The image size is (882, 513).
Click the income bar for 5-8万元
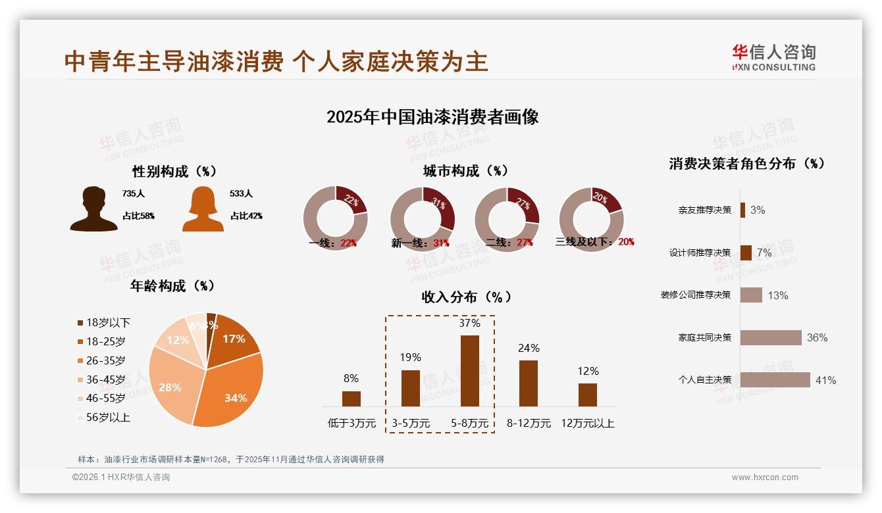click(x=469, y=371)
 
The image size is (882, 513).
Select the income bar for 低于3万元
click(x=351, y=399)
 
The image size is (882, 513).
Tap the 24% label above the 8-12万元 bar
click(x=529, y=348)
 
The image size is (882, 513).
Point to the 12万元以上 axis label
click(x=588, y=424)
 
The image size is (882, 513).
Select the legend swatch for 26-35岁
click(x=80, y=360)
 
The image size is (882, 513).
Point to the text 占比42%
click(x=246, y=216)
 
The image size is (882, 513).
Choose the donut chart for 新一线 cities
click(x=422, y=219)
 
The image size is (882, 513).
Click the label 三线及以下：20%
click(x=595, y=242)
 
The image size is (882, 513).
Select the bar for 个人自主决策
click(x=775, y=380)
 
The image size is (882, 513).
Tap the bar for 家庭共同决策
click(x=771, y=337)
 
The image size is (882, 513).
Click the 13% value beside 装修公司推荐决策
click(x=777, y=295)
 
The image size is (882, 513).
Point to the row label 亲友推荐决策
click(x=704, y=210)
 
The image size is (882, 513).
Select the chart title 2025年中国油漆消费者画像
click(x=432, y=117)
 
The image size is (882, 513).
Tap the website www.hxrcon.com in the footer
click(x=765, y=477)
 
